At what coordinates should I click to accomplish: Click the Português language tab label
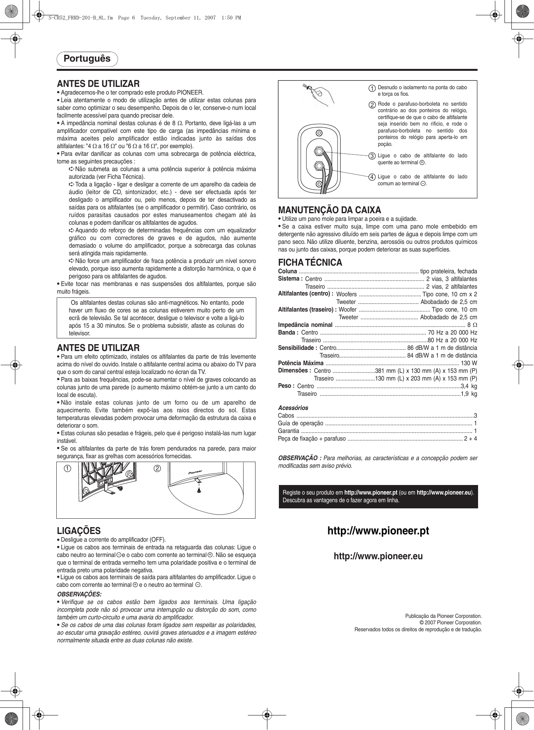click(87, 59)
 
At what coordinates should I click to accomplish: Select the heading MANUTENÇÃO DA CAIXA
click(329, 210)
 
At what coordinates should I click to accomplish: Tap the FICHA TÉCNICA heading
click(310, 263)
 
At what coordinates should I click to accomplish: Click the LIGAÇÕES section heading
click(79, 531)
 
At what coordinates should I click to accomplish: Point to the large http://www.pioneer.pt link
click(378, 531)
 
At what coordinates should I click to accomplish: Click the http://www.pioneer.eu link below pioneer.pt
click(378, 556)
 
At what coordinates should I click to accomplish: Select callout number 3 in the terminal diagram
click(372, 156)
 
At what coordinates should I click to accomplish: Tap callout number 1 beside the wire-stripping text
click(372, 88)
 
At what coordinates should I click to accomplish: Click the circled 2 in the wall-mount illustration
click(157, 469)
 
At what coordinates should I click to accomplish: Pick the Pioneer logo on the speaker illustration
click(195, 473)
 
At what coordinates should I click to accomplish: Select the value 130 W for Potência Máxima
click(469, 363)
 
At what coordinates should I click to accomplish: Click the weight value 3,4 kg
click(469, 386)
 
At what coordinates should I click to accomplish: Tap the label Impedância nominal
click(305, 325)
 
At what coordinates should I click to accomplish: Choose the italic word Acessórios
click(293, 408)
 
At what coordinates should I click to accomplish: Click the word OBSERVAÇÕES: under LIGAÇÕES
click(79, 594)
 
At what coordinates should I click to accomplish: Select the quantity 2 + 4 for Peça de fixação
click(470, 439)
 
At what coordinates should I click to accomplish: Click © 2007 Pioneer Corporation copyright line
click(450, 623)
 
